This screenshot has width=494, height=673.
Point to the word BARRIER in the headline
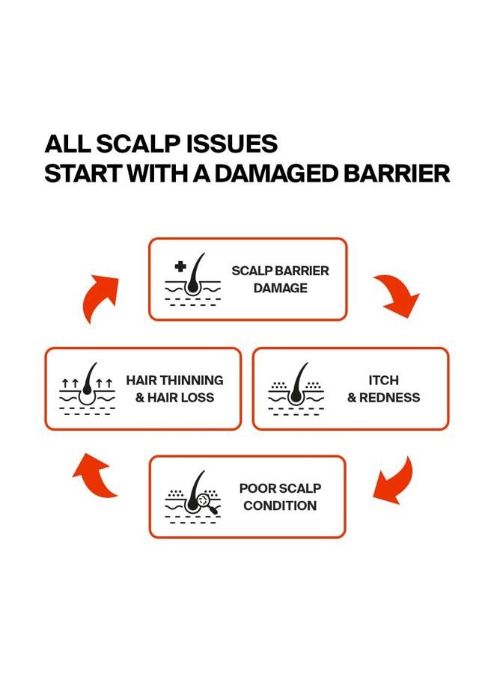[397, 173]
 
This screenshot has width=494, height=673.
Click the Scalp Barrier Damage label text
[280, 280]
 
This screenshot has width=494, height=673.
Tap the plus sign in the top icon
[180, 266]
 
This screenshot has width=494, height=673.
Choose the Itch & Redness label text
[384, 389]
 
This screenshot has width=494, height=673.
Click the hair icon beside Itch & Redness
[296, 389]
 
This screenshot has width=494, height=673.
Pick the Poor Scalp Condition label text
[280, 497]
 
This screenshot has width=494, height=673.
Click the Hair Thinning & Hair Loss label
[174, 389]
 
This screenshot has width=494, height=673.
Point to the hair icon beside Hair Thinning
[88, 389]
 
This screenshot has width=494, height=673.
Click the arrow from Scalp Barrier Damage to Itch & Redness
[397, 296]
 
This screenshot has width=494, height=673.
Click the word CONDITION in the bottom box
[280, 505]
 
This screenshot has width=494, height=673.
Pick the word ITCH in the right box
[384, 381]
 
